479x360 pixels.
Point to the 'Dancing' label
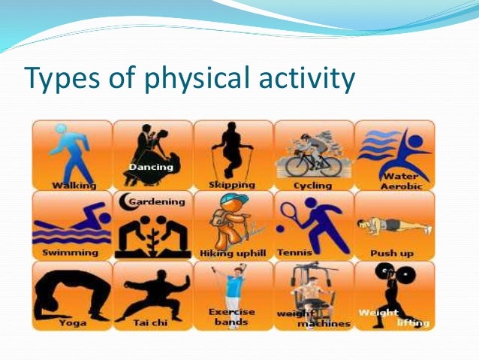pos(152,166)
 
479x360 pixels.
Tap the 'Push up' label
pos(393,253)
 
